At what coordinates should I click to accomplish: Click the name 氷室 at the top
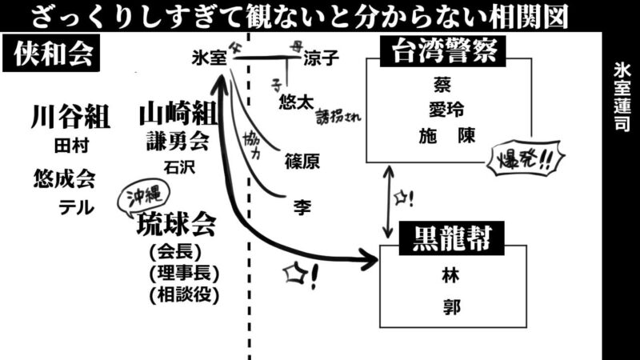(x=210, y=58)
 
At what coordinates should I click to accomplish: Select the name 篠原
(x=302, y=162)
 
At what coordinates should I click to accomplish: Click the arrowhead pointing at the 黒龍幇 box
(x=368, y=258)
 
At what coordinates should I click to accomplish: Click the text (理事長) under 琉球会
(x=184, y=274)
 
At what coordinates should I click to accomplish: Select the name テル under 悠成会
(x=76, y=208)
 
